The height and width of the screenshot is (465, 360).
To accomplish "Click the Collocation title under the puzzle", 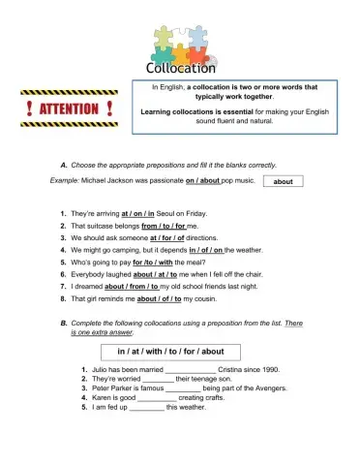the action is [180, 69].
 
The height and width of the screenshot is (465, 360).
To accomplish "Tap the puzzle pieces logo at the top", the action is [180, 42].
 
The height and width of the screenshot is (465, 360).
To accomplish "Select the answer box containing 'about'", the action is [283, 181].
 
